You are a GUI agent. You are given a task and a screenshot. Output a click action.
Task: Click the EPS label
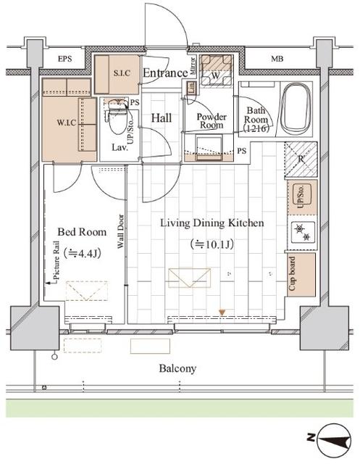tap(64, 59)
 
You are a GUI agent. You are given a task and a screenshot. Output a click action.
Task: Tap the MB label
tap(277, 59)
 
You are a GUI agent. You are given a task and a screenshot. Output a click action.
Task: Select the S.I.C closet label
tap(121, 73)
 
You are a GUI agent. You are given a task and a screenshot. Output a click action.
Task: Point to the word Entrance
tap(164, 72)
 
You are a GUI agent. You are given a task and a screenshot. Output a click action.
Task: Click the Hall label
tap(160, 117)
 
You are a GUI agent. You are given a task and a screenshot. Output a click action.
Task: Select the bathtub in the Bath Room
tap(296, 108)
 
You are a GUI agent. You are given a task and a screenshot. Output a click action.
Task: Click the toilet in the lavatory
tap(115, 123)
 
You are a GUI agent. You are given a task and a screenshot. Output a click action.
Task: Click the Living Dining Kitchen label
tap(212, 223)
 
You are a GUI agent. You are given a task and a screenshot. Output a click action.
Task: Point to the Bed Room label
tap(82, 233)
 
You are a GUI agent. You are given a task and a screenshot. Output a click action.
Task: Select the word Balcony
tap(177, 368)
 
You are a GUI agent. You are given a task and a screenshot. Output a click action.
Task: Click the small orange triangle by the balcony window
tap(222, 312)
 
